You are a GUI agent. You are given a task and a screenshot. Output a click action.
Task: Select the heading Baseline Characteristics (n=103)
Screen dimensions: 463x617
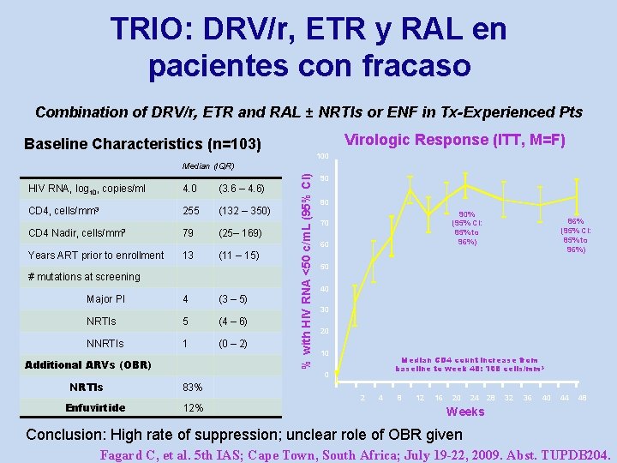143,143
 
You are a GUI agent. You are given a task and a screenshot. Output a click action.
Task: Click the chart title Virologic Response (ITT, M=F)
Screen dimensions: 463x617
454,140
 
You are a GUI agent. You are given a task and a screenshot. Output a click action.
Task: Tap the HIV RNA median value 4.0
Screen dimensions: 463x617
190,188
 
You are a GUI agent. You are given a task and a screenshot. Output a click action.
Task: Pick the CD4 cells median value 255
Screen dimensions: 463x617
191,211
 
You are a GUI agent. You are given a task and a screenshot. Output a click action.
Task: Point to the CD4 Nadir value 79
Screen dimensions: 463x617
189,233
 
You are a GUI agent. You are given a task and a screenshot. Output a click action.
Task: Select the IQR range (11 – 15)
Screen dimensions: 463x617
239,256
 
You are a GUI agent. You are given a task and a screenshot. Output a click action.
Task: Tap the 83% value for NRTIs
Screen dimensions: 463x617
193,388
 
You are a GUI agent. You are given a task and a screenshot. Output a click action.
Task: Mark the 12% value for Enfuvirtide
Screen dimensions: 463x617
193,408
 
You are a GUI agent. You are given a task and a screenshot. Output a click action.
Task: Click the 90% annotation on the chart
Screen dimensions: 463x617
468,215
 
